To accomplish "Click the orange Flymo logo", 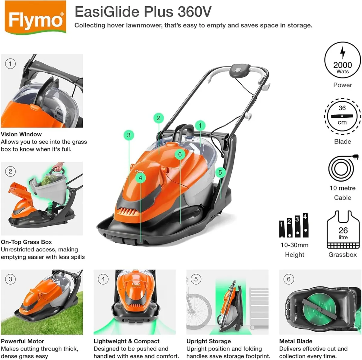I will click(36, 17).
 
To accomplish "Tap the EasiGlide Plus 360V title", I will click(143, 12).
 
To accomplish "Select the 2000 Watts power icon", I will click(342, 60).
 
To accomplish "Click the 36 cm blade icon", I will click(342, 116).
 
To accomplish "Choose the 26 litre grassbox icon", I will click(343, 229).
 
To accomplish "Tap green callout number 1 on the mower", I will click(200, 125).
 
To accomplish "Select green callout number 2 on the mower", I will click(158, 118).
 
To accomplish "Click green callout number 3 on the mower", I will click(129, 135).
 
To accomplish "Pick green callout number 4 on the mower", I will click(140, 178).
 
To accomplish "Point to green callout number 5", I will click(220, 172).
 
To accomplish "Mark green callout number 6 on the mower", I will click(180, 155).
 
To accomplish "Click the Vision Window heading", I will click(21, 134).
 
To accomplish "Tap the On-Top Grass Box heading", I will click(26, 242).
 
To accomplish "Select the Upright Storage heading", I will click(208, 341).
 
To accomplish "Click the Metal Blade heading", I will click(296, 341).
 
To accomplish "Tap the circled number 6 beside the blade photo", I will click(288, 279).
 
